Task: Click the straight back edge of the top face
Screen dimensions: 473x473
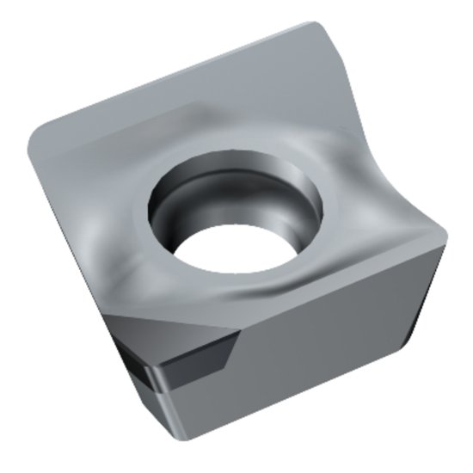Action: pos(172,73)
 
